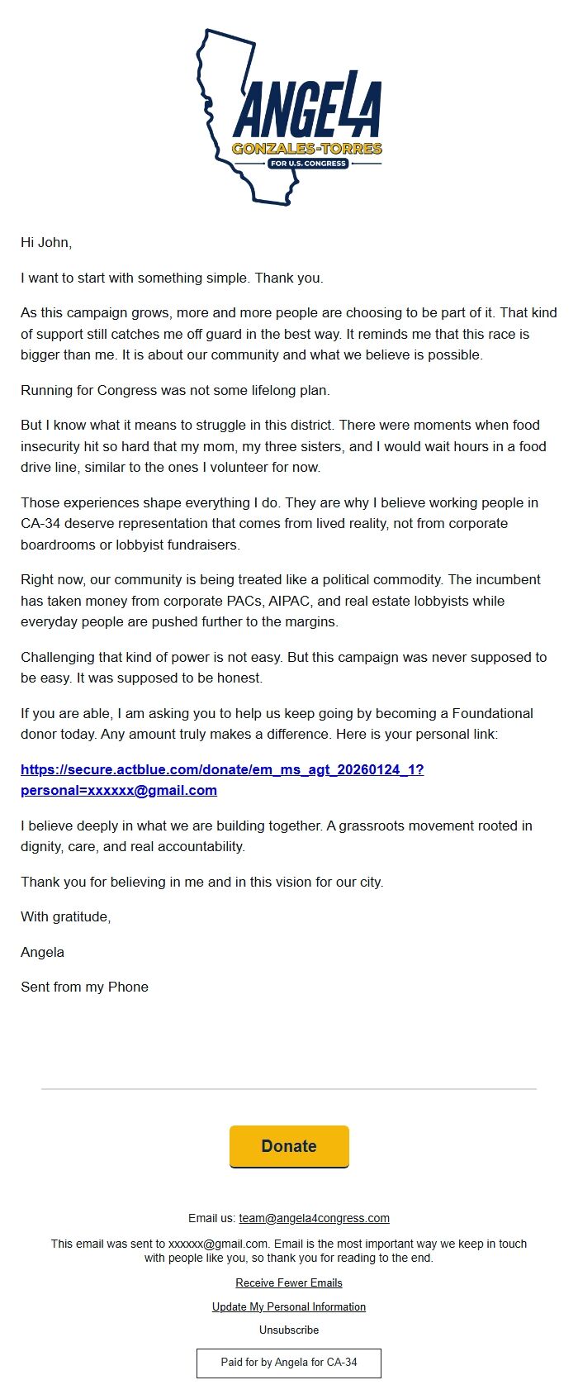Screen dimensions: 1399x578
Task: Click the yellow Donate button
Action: point(289,1146)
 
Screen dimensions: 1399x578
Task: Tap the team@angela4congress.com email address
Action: point(314,1218)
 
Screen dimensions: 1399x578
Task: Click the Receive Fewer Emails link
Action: point(289,1283)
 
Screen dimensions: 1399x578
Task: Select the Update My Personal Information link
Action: point(289,1307)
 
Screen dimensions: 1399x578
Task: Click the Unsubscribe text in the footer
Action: point(289,1330)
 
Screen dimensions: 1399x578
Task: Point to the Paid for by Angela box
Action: point(289,1363)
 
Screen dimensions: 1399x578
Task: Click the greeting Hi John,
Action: point(46,243)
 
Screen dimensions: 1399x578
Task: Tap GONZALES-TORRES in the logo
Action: point(307,149)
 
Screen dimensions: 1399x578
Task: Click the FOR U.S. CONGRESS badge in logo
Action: point(307,164)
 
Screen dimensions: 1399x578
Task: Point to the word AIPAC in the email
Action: point(290,602)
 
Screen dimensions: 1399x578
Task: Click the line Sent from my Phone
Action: point(84,987)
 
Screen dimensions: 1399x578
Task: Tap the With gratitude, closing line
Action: point(66,917)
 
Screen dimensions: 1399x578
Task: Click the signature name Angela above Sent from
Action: point(42,953)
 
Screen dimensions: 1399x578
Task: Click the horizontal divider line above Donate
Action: point(289,1089)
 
